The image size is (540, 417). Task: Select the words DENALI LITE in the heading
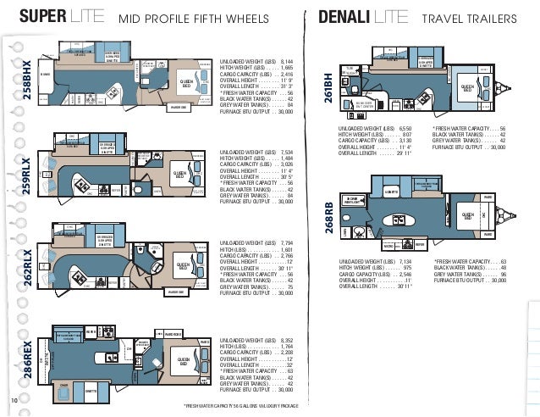click(363, 18)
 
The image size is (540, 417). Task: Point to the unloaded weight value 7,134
click(401, 262)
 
